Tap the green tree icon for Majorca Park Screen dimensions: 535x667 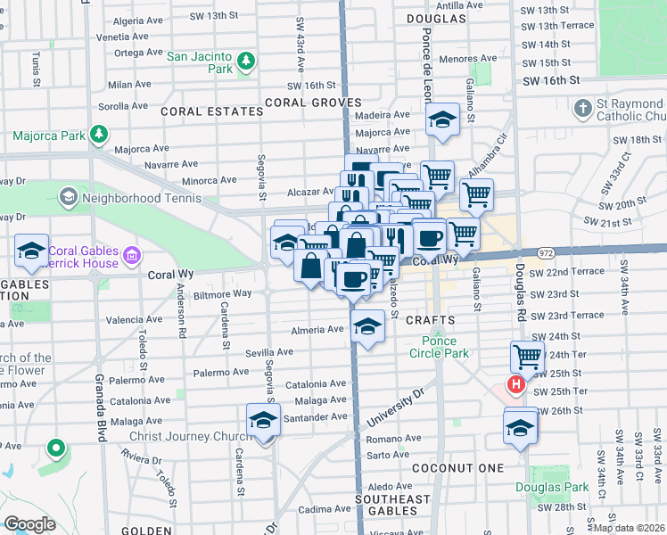[x=99, y=136]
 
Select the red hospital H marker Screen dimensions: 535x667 [x=515, y=385]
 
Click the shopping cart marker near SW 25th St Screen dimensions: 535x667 [x=527, y=357]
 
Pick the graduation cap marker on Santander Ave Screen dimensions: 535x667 [x=263, y=419]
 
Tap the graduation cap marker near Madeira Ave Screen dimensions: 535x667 [x=441, y=120]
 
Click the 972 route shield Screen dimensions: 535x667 [x=546, y=253]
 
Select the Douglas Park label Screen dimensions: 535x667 [x=551, y=487]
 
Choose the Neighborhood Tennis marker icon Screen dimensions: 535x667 [x=67, y=195]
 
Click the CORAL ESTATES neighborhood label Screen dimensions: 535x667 [x=212, y=112]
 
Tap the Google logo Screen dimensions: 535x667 [x=30, y=524]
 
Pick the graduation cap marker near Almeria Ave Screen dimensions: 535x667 [x=366, y=325]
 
